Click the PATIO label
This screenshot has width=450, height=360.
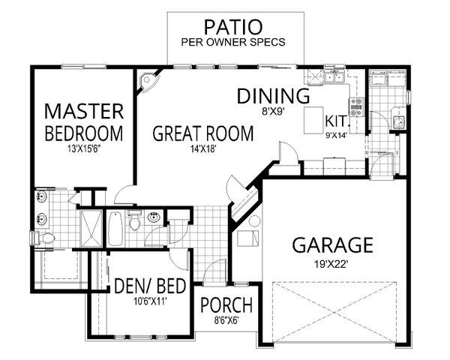233,27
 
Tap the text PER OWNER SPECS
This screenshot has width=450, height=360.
233,42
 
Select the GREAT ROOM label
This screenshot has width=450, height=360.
203,133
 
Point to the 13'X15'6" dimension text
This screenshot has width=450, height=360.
84,149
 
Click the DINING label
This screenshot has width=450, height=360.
273,96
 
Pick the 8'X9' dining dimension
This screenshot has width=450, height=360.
273,111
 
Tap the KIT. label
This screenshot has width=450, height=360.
337,121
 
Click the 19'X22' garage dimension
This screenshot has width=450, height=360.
332,264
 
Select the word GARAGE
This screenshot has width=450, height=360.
332,245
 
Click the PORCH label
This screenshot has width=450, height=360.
226,305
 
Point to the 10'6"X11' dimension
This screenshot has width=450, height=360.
150,301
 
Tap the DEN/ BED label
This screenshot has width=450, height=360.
150,286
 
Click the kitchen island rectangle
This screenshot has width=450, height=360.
314,120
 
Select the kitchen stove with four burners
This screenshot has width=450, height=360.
356,107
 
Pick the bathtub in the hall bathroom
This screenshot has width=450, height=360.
115,229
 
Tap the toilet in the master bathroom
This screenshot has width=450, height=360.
43,238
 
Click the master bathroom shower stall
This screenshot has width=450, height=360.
91,228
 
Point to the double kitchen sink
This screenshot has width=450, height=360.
334,77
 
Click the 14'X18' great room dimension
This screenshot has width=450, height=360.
203,148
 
